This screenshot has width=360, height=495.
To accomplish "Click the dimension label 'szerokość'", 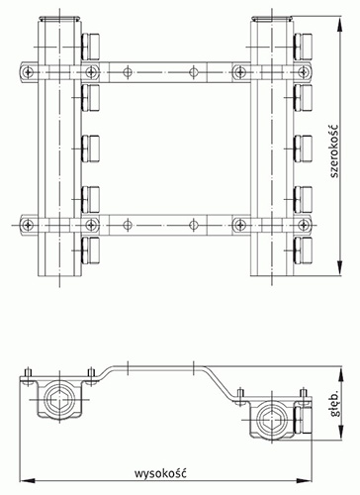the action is (x=334, y=150).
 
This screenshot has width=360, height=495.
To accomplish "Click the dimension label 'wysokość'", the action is (x=160, y=472).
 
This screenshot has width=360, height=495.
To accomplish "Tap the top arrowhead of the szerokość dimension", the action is (x=340, y=24).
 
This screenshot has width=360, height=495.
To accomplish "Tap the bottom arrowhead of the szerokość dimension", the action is (x=340, y=268).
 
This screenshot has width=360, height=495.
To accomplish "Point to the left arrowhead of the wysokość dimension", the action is (x=28, y=480).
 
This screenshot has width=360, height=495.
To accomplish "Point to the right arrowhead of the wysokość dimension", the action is (x=305, y=480).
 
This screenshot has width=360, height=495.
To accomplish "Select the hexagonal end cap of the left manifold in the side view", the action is (x=59, y=400).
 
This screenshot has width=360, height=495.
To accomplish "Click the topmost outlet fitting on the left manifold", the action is (x=90, y=47).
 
